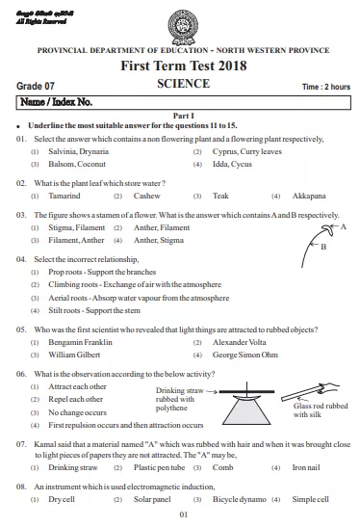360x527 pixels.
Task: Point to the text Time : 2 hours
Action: click(x=325, y=87)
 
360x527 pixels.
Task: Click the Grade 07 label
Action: click(x=36, y=86)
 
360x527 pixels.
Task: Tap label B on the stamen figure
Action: click(x=323, y=247)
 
